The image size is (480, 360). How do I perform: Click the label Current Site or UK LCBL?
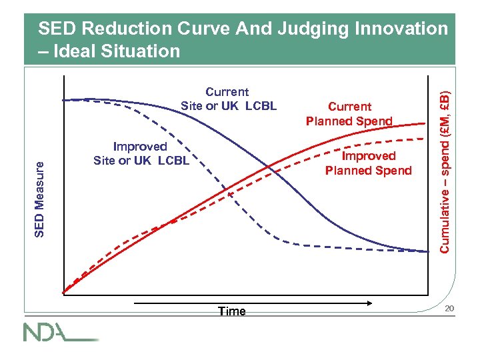228,99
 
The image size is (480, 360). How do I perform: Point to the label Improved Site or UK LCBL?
141,153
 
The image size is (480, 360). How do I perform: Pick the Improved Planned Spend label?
368,163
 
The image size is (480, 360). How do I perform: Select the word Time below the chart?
231,311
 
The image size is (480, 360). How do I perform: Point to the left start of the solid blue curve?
63,99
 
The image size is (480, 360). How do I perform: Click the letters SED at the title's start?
55,29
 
